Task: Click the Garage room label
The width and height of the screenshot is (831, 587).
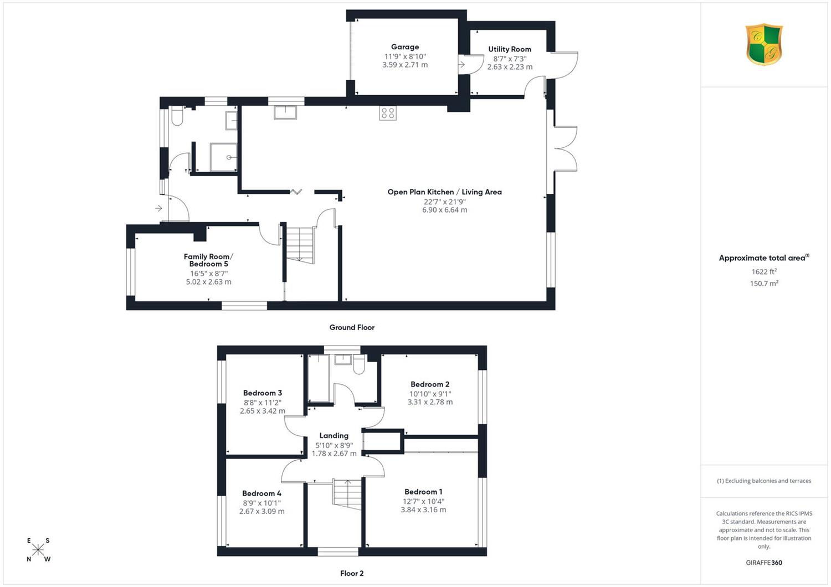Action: pos(405,47)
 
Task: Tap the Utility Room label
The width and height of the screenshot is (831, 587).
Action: pos(509,49)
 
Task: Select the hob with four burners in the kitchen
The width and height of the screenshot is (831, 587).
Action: pos(388,113)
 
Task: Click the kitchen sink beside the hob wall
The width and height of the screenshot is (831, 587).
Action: pos(285,112)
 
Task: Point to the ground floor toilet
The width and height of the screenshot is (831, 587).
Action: pos(177,116)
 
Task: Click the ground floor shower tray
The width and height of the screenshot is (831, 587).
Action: pos(223,157)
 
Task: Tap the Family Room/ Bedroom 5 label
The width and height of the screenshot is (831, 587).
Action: pos(208,260)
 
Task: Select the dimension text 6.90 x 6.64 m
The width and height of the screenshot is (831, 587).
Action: pos(444,210)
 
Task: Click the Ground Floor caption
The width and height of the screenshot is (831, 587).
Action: pos(352,327)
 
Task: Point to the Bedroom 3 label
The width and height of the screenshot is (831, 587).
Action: pos(262,393)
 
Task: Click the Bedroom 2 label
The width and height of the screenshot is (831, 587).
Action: pos(430,384)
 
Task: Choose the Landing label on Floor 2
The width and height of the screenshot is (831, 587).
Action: pos(334,435)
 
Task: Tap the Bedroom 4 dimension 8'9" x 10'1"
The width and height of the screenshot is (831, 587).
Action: pos(262,503)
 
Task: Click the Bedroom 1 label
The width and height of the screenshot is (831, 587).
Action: pos(423,492)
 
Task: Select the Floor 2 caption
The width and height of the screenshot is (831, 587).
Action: pos(352,573)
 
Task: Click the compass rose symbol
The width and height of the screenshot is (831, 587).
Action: pos(38,549)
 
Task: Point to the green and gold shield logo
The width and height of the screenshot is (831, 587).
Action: pos(764,44)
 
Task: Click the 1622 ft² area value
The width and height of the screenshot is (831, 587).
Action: pos(764,271)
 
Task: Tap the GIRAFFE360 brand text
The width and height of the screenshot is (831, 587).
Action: pos(764,563)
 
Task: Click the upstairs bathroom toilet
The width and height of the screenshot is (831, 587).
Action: pos(359,364)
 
